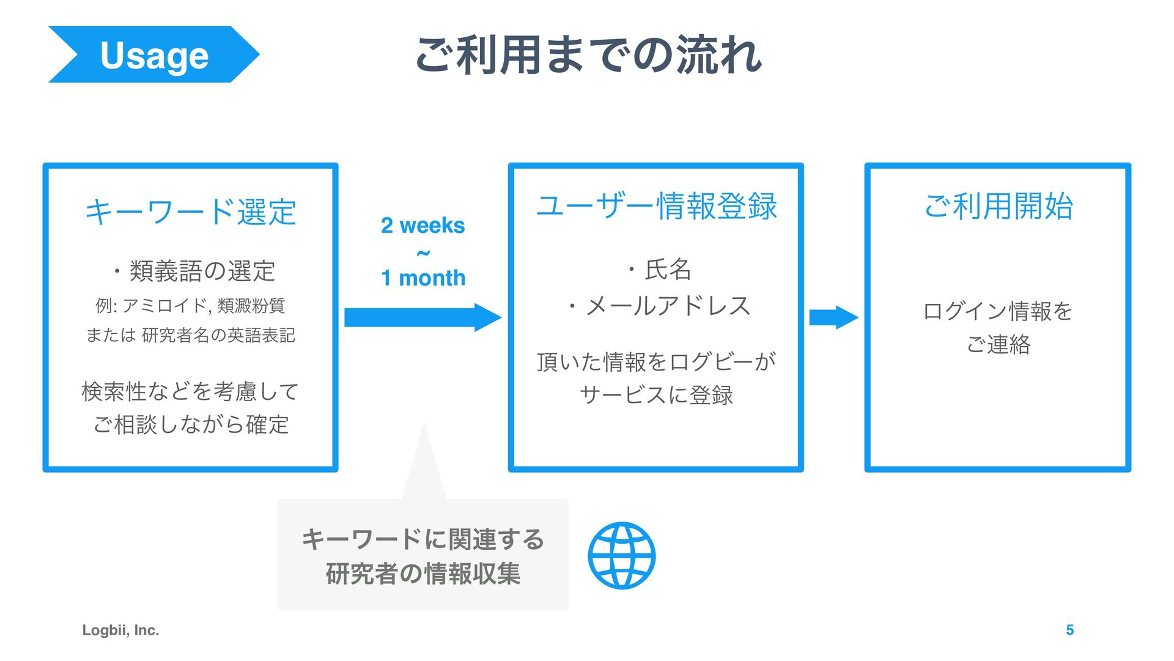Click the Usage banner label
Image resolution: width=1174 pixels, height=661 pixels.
154,55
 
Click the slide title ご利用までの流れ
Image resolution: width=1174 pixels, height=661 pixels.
588,55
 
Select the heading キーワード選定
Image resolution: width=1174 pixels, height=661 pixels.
191,212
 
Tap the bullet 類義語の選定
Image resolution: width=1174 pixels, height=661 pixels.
194,271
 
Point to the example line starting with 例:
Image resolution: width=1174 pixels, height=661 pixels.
190,305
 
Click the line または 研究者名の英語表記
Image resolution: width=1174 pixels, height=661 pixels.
190,335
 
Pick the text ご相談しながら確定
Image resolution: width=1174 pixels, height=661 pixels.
191,424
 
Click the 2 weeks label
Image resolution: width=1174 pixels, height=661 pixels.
423,226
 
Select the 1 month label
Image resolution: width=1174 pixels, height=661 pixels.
423,278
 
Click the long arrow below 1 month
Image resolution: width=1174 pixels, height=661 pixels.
423,317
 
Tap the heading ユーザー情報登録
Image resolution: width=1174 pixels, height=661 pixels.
656,206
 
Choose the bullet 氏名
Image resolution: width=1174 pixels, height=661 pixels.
660,269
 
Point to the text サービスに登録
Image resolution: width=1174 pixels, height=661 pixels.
656,395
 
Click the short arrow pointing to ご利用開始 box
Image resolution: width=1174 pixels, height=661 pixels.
833,318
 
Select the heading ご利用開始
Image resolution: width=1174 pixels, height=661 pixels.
998,206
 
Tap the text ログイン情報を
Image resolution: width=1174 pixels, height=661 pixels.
998,311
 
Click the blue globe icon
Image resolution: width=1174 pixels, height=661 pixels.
621,555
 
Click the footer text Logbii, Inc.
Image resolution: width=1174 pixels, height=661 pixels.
120,630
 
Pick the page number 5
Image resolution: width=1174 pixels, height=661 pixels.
1069,630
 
